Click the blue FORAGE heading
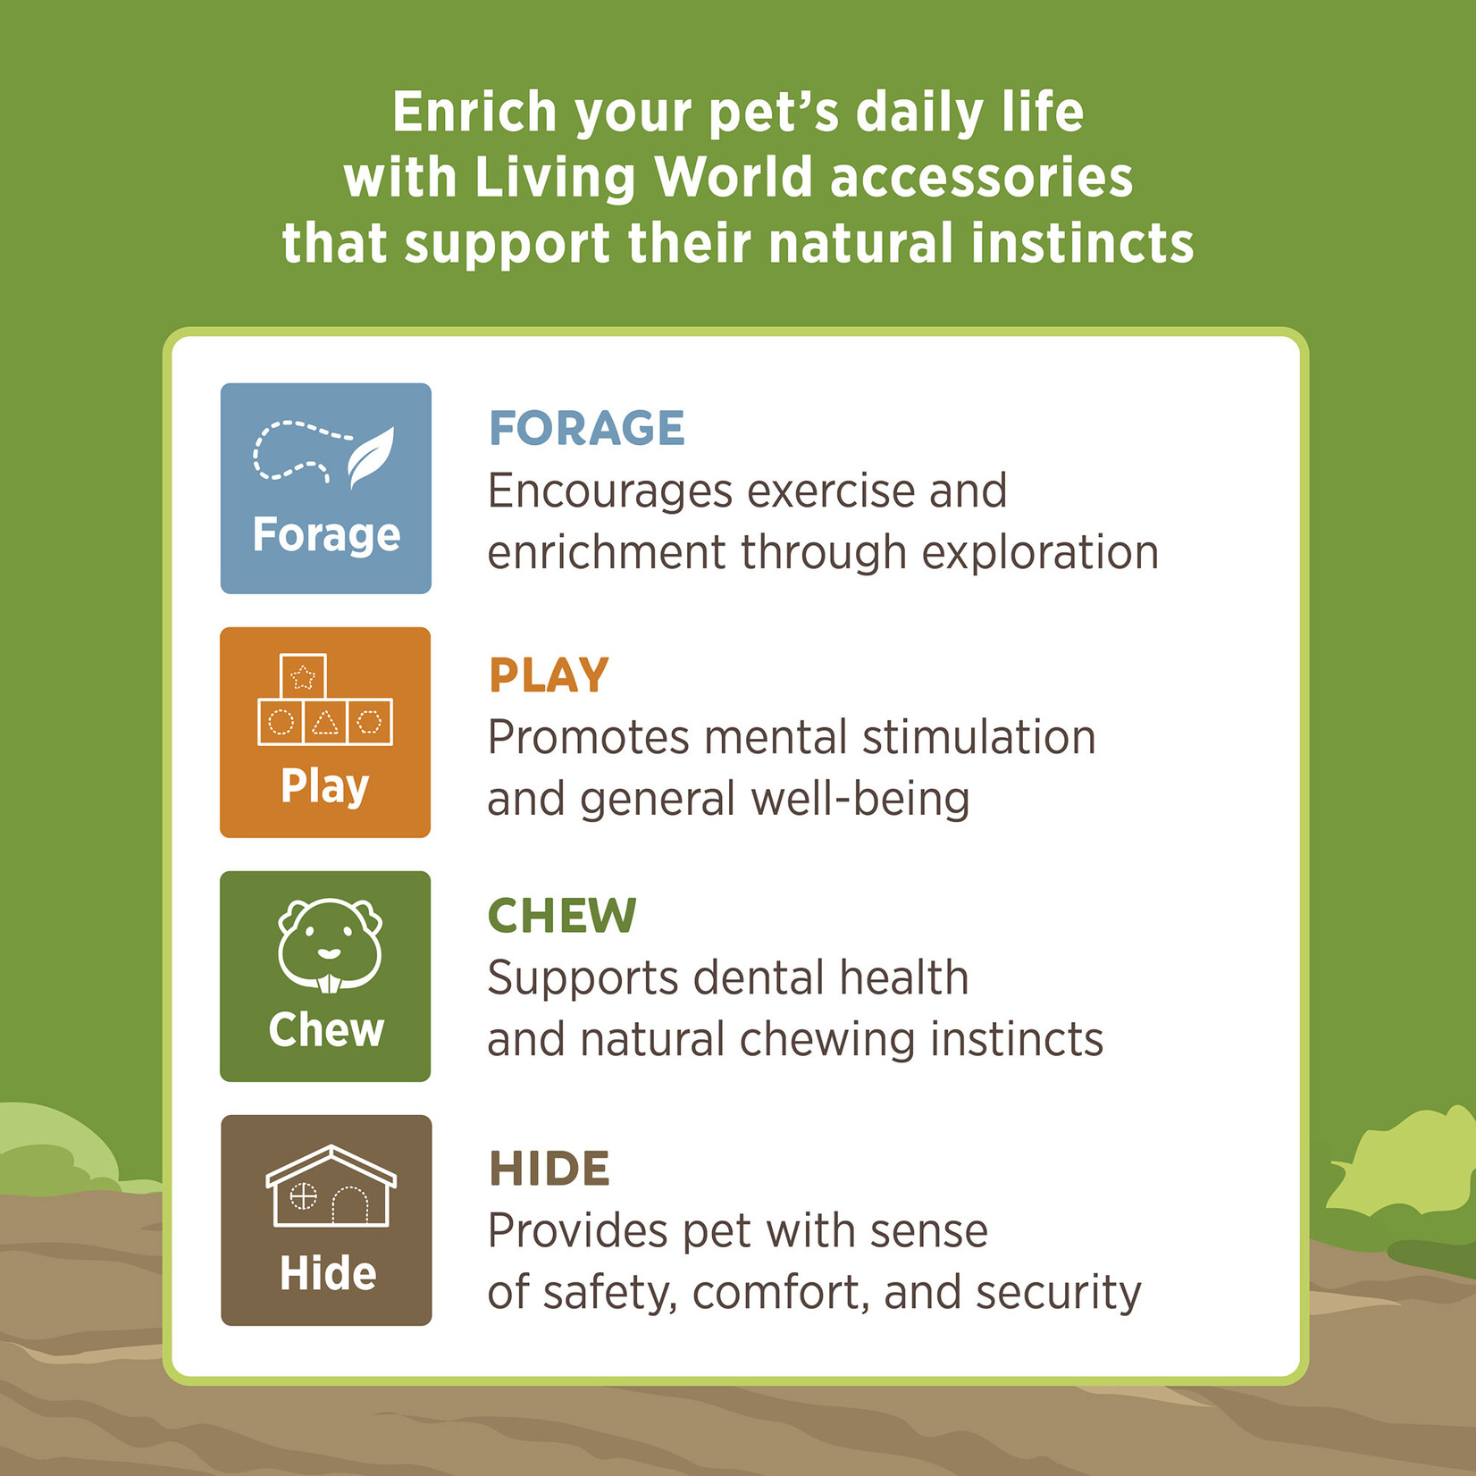click(x=586, y=428)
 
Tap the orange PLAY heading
click(x=549, y=675)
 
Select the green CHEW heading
click(x=562, y=916)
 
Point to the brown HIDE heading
click(x=549, y=1169)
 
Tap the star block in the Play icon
click(x=303, y=676)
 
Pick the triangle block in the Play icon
click(x=325, y=721)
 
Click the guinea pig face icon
click(x=330, y=945)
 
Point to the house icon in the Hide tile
click(x=331, y=1186)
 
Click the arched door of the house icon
click(x=350, y=1205)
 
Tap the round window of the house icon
click(x=303, y=1195)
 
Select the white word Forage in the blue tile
click(x=326, y=535)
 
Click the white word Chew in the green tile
click(x=326, y=1029)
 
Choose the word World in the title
click(x=734, y=177)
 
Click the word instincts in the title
click(x=1082, y=243)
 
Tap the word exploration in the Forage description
click(x=1040, y=553)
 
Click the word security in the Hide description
click(x=1059, y=1294)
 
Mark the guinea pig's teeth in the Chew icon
click(x=330, y=984)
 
